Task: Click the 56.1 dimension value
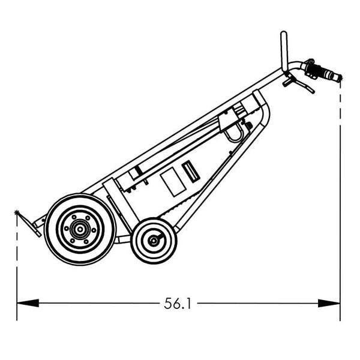pos(177,304)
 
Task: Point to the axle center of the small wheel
pos(154,241)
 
